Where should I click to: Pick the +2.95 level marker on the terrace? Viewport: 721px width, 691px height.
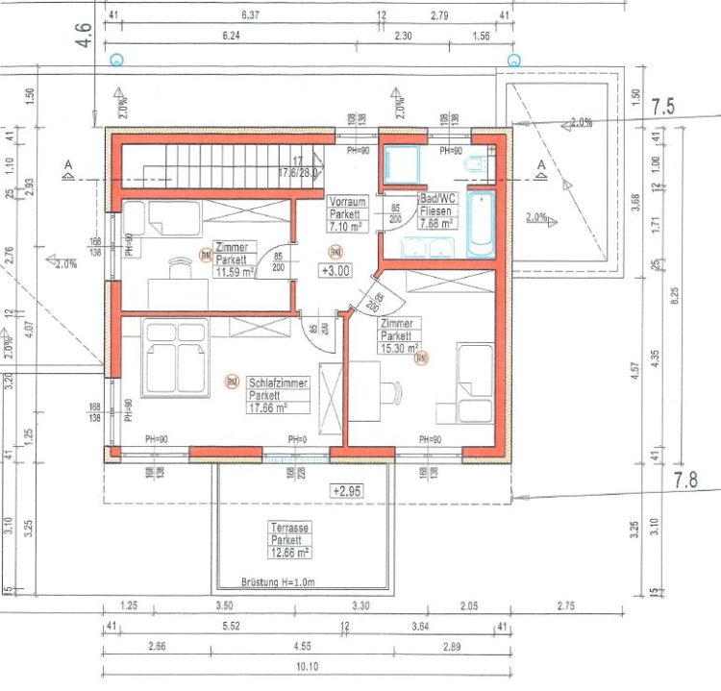click(x=348, y=490)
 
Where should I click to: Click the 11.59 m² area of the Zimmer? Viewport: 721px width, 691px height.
click(x=234, y=271)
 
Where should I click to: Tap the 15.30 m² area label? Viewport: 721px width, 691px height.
click(x=398, y=349)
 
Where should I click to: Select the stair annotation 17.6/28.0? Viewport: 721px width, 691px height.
click(x=298, y=173)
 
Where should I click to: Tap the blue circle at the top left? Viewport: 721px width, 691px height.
click(x=117, y=60)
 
